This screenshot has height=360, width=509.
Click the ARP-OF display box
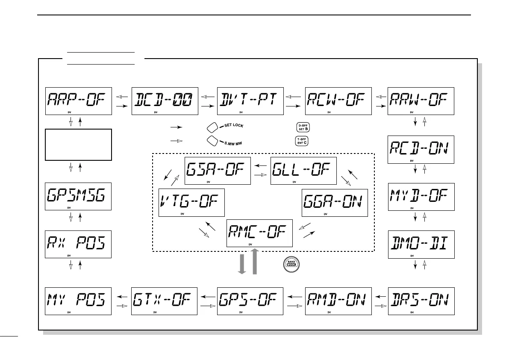coord(78,101)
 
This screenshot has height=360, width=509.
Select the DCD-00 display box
coord(165,101)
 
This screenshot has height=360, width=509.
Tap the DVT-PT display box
coord(251,101)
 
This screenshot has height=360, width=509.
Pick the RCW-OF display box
coord(338,101)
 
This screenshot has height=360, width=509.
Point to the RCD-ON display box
coord(421,149)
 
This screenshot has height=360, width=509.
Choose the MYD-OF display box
coord(421,197)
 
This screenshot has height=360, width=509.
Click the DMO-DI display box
coord(421,245)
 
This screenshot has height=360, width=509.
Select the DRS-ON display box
coord(421,301)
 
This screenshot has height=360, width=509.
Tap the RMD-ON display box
coord(338,301)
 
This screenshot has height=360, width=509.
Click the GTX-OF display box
coord(165,301)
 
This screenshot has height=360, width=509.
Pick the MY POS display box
coord(78,301)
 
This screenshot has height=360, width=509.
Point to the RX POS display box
coord(78,245)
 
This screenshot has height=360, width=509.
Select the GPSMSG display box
coord(78,197)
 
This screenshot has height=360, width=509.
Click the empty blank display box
coord(78,145)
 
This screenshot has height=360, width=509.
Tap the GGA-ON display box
coord(335,202)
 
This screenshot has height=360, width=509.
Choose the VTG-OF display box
coord(191,202)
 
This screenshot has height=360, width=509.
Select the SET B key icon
coord(302,127)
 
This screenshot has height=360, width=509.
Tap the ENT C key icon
coord(302,141)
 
